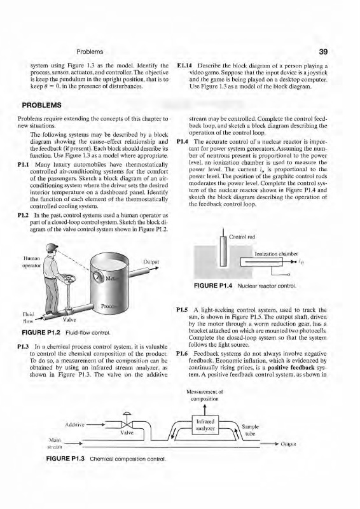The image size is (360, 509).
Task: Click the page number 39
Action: coord(323,52)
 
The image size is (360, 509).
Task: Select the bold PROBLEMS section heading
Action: coord(41,105)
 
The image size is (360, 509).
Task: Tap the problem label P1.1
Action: coord(24,165)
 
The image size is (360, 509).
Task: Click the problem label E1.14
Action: coord(183,66)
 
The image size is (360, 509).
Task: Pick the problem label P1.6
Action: coord(183,354)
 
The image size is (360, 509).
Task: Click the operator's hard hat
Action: coord(52,247)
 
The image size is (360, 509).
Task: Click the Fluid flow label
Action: coord(27,317)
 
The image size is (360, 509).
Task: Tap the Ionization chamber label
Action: coord(276,254)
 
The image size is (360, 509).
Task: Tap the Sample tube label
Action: coord(250,430)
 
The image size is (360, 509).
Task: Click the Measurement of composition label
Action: coord(205,395)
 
